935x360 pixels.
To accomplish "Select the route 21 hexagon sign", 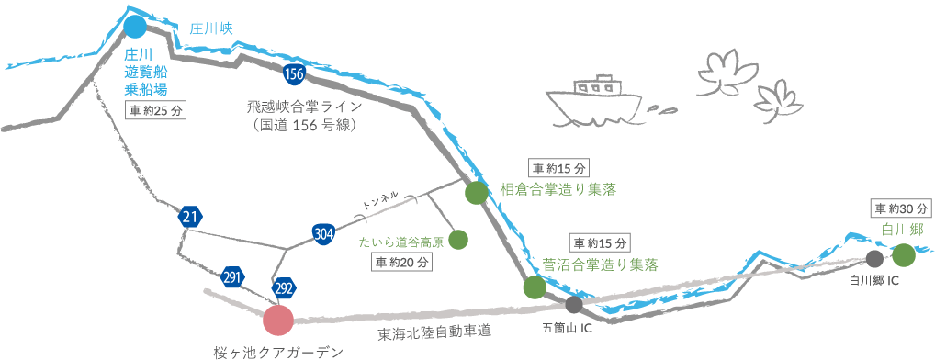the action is tap(190, 218).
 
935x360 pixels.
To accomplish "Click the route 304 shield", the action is tap(323, 233).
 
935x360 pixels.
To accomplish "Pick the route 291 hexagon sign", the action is tap(232, 276).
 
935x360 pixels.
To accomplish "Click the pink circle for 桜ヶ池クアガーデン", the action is tap(277, 321).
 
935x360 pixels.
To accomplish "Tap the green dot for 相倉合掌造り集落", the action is tap(476, 192).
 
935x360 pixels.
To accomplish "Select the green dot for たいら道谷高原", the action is tap(458, 240).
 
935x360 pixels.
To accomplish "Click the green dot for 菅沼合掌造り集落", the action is tap(535, 287).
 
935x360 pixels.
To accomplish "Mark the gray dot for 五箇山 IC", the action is tap(574, 305).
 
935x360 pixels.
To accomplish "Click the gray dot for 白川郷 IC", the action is tap(874, 259).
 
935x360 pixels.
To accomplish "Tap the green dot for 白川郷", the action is tap(903, 254).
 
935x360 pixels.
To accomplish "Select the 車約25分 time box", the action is tap(155, 111).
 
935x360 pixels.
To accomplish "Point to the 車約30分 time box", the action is tap(902, 208).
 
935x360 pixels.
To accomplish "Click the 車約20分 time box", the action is tap(401, 262).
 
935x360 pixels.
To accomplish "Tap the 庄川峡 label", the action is tap(212, 28).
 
